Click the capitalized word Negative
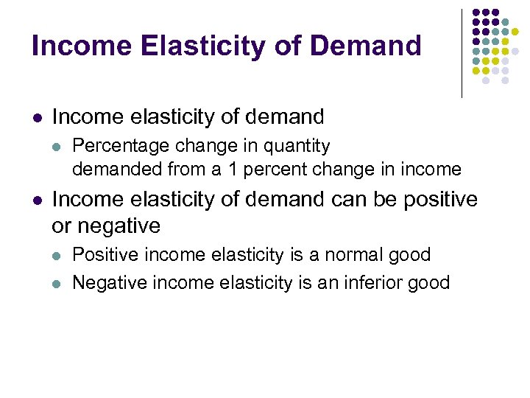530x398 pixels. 107,282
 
